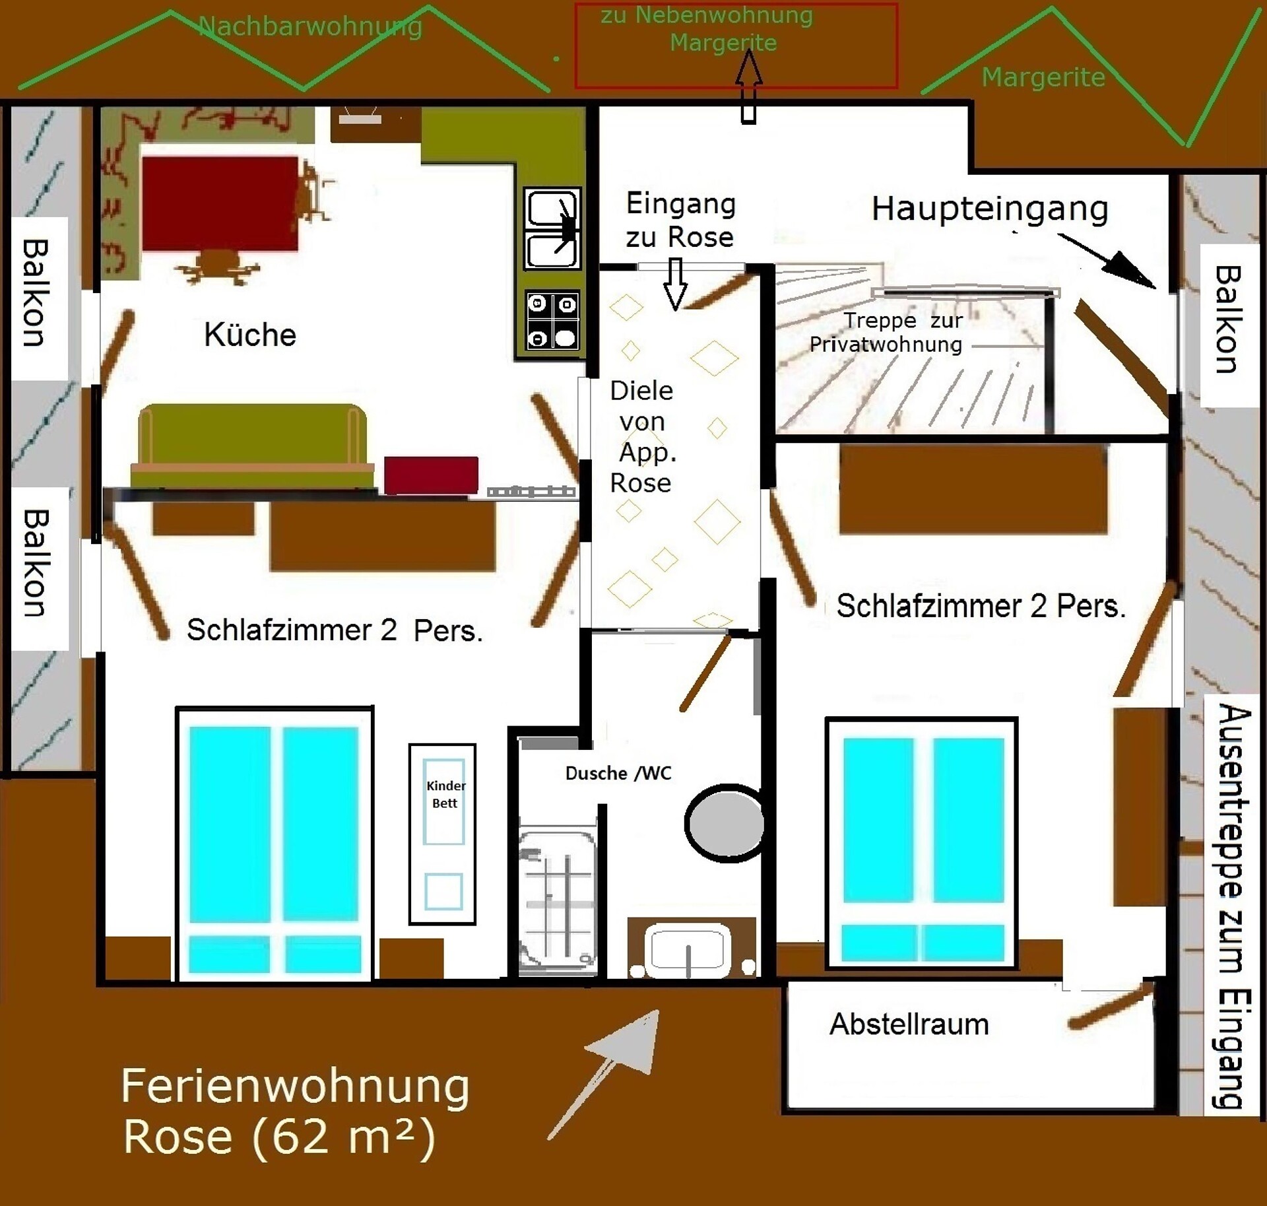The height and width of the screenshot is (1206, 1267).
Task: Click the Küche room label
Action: tap(249, 335)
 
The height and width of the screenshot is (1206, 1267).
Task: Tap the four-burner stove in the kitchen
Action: tap(552, 320)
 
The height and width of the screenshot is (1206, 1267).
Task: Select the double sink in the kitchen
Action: tap(552, 228)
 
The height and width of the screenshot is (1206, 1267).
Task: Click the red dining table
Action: tap(220, 203)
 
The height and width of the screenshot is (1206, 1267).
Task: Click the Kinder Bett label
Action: tap(445, 794)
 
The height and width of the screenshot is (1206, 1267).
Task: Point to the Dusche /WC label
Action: tap(618, 773)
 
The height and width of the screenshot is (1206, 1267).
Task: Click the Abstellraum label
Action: tap(909, 1024)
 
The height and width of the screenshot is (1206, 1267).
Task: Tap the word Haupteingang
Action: tap(990, 209)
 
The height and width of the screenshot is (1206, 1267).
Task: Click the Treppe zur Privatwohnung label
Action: tap(886, 332)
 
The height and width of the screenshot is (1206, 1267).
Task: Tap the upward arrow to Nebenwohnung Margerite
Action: tap(748, 86)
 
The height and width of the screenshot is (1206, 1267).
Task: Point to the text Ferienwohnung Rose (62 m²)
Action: tap(295, 1112)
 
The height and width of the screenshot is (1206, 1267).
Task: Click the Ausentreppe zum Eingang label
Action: tap(1231, 907)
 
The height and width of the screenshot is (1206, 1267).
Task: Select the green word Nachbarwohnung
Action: tap(310, 26)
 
